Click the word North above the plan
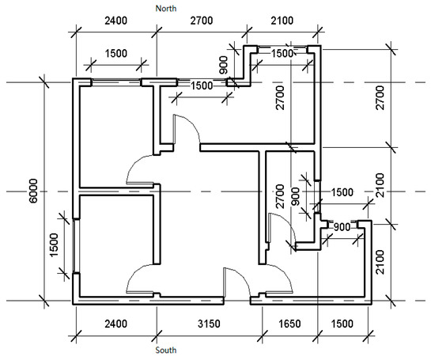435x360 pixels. click(165, 9)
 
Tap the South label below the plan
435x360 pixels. click(165, 350)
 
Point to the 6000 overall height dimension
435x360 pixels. click(33, 191)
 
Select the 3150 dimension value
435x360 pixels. click(209, 324)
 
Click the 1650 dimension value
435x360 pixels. click(289, 324)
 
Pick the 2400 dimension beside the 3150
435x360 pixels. click(116, 324)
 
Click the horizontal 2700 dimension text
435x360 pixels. click(202, 21)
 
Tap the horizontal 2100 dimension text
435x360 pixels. click(282, 21)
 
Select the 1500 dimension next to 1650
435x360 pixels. click(342, 324)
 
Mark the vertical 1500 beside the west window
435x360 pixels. click(54, 245)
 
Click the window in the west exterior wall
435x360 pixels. click(76, 245)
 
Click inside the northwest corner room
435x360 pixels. click(116, 136)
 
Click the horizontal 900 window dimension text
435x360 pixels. click(342, 227)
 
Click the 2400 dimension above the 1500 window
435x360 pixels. click(116, 21)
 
